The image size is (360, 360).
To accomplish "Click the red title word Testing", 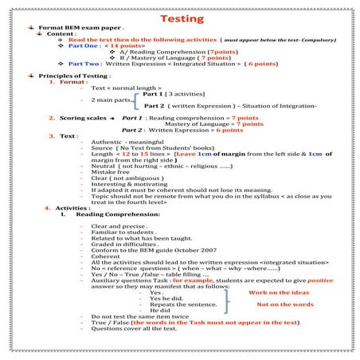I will tap(181, 18).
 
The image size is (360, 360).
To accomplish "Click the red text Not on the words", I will tap(284, 304).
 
